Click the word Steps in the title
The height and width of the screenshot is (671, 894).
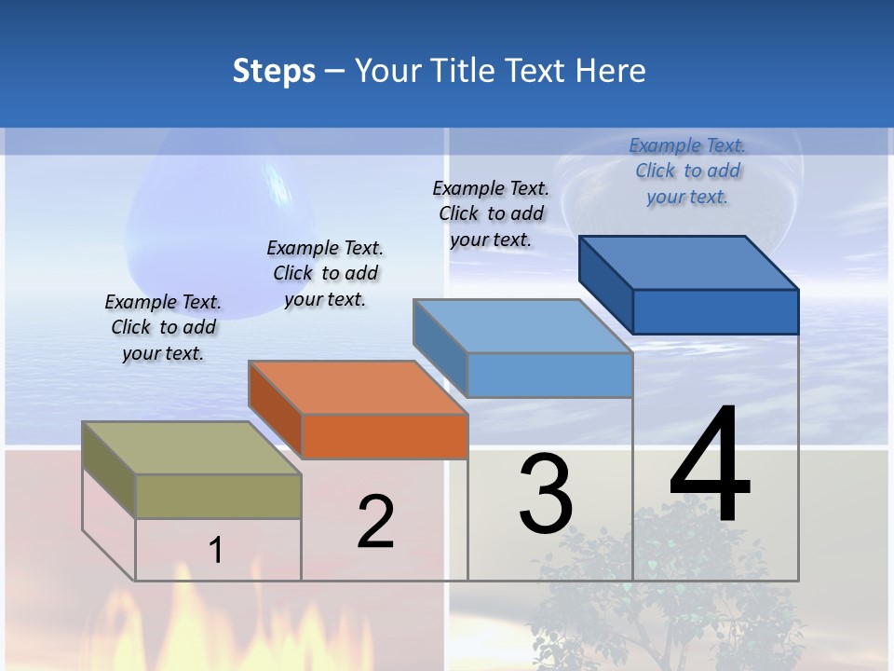pos(274,71)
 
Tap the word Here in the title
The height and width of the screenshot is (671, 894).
pos(611,71)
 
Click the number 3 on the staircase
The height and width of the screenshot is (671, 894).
pos(546,494)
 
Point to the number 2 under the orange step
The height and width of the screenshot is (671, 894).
pos(376,522)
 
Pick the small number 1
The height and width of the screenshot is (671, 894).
pos(216,550)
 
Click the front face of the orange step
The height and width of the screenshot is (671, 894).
pos(385,436)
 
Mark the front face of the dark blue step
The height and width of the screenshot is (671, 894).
pos(715,311)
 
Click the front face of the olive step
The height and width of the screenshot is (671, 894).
pos(218,496)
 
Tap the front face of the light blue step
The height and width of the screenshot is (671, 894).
pos(549,375)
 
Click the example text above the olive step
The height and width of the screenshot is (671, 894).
pos(163,328)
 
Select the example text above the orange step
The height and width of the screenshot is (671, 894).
pos(325,273)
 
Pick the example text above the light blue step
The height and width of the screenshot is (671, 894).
pos(491,213)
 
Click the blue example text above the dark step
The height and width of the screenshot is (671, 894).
pos(687,171)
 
